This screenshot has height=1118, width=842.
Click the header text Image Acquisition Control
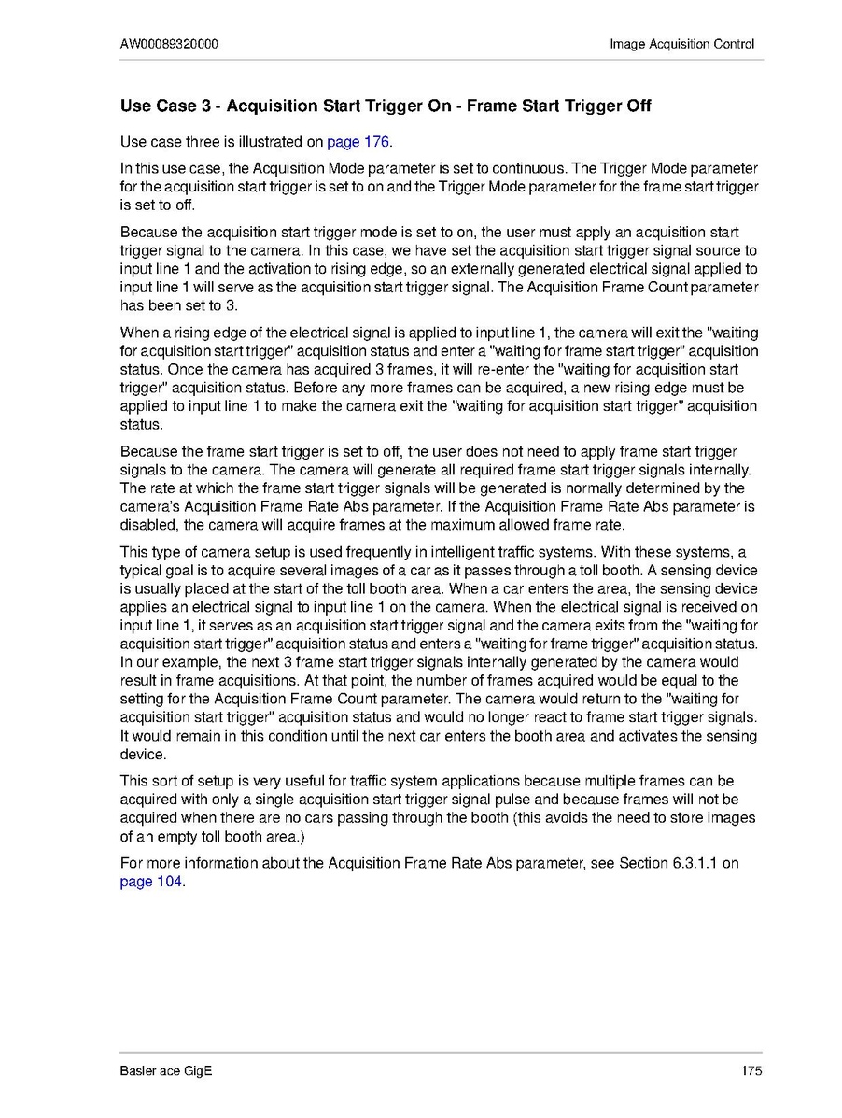click(681, 44)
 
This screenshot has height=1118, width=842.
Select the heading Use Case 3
click(386, 106)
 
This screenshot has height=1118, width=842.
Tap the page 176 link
click(358, 143)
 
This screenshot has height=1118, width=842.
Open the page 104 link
click(151, 882)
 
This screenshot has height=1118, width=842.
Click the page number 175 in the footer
click(751, 1070)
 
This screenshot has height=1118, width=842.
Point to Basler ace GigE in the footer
click(166, 1070)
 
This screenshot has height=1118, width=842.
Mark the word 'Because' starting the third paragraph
click(147, 232)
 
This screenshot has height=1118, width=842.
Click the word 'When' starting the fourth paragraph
click(138, 333)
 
